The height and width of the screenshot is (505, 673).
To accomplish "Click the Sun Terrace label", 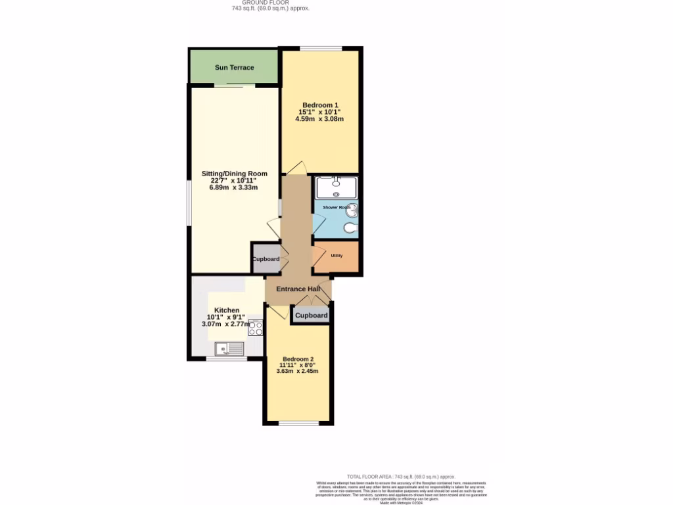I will point(234,68).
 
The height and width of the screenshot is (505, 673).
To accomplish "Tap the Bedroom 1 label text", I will point(319,105).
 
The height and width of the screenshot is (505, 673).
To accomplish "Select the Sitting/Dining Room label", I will point(234,174).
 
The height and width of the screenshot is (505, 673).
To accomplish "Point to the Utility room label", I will point(336,256).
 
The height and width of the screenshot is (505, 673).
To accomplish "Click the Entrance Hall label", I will point(298,289).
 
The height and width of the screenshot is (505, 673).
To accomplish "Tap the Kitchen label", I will point(227,310).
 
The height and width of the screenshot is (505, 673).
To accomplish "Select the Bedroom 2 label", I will point(298,358).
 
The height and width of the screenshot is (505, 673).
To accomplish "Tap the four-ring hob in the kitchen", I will point(255,328).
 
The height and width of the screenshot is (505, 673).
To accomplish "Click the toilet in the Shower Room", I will point(351,228).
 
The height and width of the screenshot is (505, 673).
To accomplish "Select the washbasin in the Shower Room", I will point(352,210).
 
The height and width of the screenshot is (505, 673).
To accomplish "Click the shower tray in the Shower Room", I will point(336,187).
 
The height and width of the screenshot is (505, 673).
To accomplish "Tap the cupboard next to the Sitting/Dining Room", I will point(266,259).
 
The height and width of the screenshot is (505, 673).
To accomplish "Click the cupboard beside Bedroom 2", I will point(311,316).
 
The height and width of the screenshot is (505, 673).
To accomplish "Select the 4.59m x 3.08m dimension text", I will point(319,119).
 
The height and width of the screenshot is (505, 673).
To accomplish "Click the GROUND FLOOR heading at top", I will point(270,3).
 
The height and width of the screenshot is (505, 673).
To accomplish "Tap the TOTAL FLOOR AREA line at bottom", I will point(401,477).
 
